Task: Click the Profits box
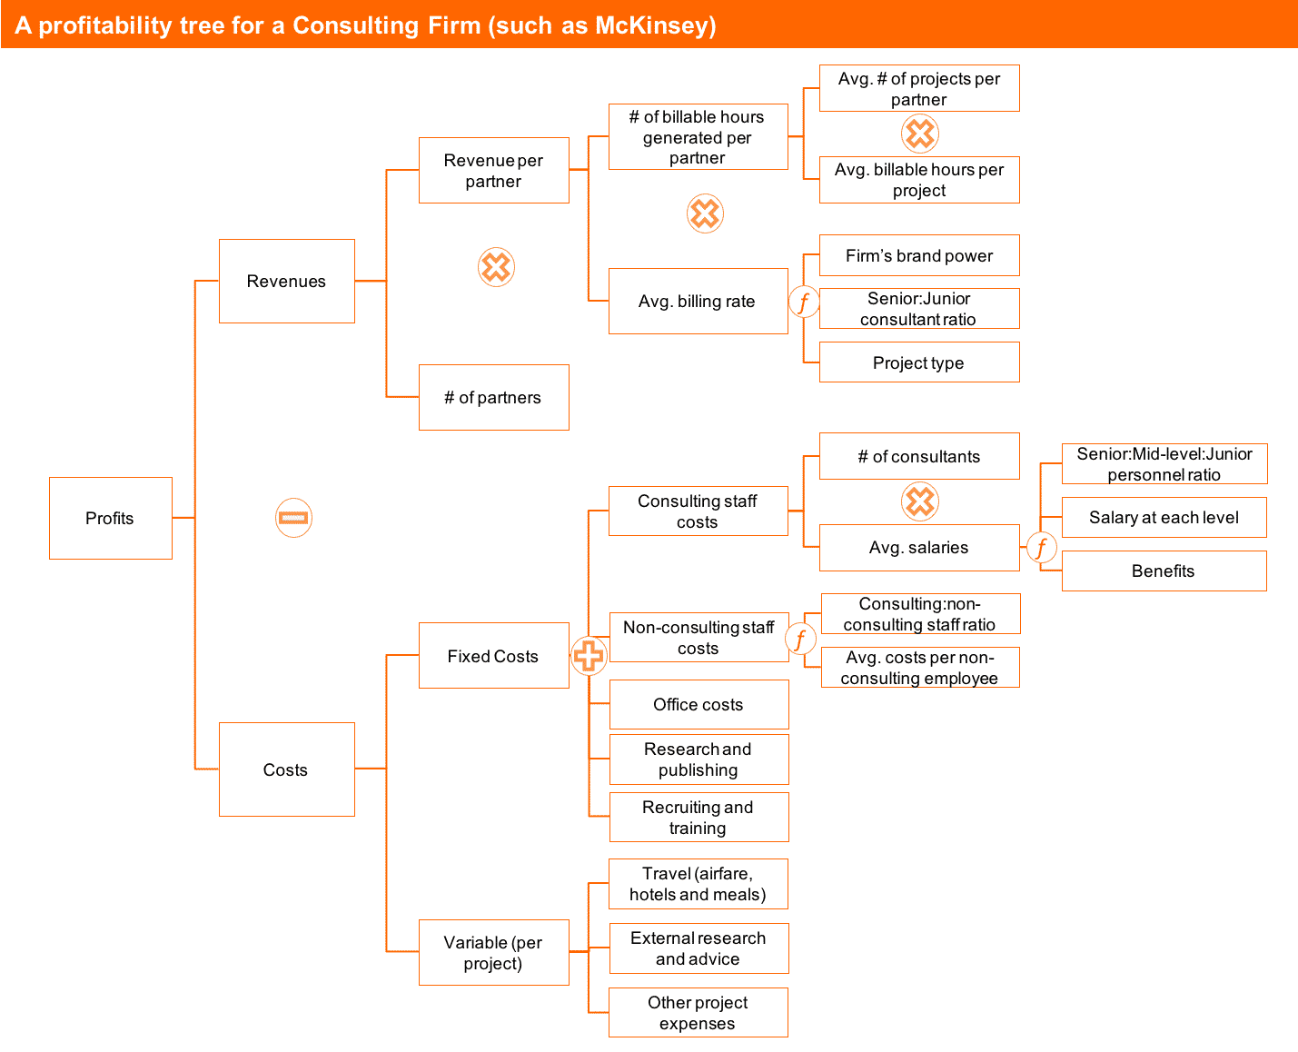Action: click(110, 518)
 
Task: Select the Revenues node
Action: click(286, 281)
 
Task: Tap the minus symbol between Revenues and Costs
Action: click(293, 518)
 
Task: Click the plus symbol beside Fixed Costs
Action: click(589, 655)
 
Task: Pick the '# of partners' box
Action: click(493, 397)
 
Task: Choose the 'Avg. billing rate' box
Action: click(698, 301)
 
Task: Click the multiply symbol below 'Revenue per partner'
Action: click(496, 267)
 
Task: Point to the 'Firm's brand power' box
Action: click(918, 255)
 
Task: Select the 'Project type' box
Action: click(918, 362)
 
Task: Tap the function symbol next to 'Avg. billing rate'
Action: click(803, 301)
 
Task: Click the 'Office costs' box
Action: click(698, 704)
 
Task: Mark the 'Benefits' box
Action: click(1163, 571)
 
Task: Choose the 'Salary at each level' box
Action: click(1163, 517)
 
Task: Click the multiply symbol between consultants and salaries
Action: click(919, 501)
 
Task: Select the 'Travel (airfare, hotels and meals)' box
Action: click(698, 884)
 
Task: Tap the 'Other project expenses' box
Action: click(698, 1012)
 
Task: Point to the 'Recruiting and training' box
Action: click(698, 817)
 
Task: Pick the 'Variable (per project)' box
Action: click(493, 952)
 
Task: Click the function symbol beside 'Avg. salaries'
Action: click(1041, 548)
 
